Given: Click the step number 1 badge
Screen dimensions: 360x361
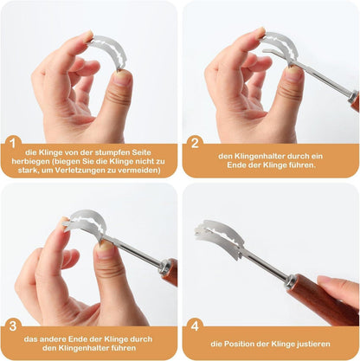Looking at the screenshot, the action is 13,143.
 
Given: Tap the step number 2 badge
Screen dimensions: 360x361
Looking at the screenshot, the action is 195,143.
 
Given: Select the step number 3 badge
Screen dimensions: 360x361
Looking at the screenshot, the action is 13,326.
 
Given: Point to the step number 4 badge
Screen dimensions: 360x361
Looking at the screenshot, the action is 195,326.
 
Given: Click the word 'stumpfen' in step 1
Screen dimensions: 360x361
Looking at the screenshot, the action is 112,152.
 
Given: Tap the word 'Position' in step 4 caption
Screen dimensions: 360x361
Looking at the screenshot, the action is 239,344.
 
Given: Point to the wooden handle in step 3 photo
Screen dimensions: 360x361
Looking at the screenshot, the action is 170,272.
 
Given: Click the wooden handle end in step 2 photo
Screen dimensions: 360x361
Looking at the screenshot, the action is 355,101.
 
